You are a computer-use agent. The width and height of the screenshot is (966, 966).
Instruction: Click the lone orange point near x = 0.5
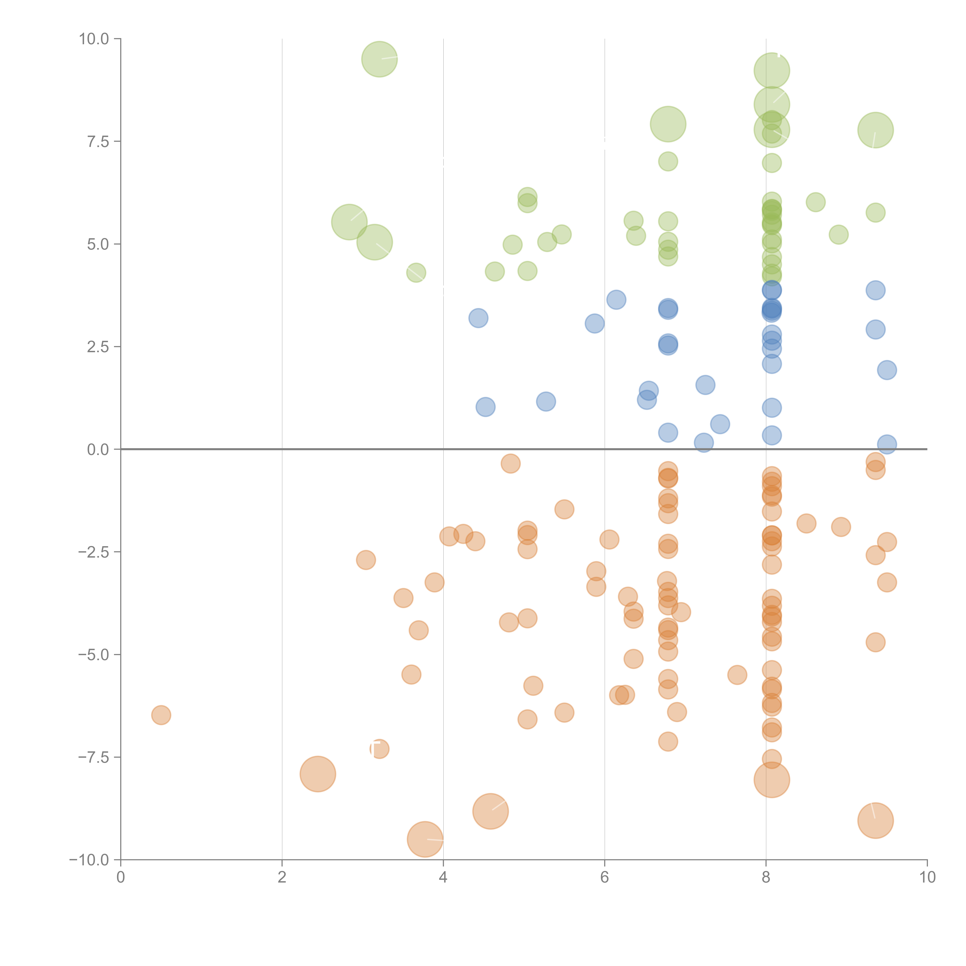coord(161,715)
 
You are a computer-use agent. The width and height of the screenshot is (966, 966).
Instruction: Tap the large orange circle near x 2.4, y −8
coord(317,774)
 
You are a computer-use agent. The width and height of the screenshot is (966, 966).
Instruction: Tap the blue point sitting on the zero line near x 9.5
coord(887,444)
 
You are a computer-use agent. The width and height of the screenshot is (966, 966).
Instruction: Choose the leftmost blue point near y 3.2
coord(478,318)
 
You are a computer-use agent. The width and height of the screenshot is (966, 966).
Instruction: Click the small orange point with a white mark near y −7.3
coord(379,748)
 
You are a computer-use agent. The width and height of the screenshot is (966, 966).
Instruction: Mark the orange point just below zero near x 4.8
coord(510,463)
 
